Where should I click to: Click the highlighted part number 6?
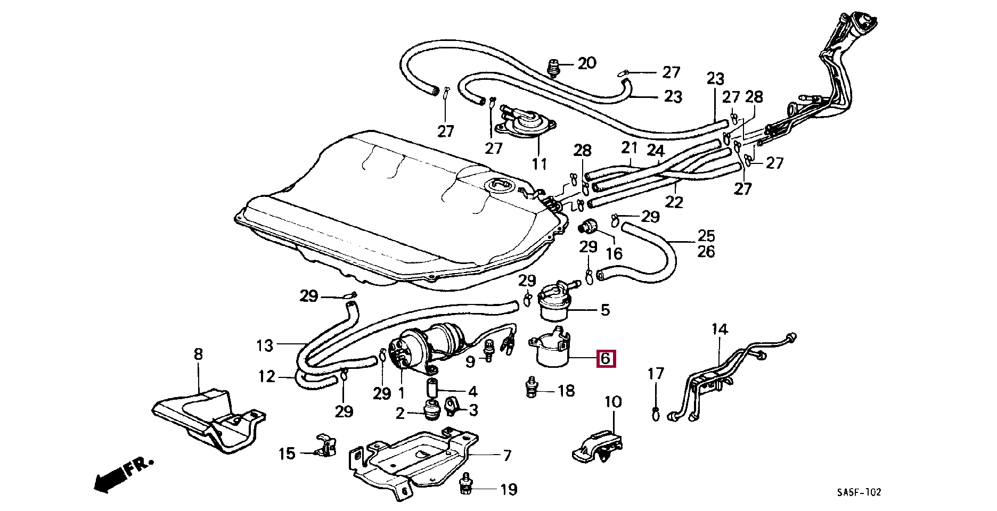606,359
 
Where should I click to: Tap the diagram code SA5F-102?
859,492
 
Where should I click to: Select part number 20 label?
586,63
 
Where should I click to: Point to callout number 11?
540,163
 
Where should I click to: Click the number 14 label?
720,329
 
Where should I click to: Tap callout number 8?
198,354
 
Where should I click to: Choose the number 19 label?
509,489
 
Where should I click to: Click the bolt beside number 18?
531,388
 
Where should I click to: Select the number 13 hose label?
265,345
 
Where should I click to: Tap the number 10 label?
613,402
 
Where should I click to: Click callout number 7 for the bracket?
507,455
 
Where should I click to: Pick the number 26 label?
706,251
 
